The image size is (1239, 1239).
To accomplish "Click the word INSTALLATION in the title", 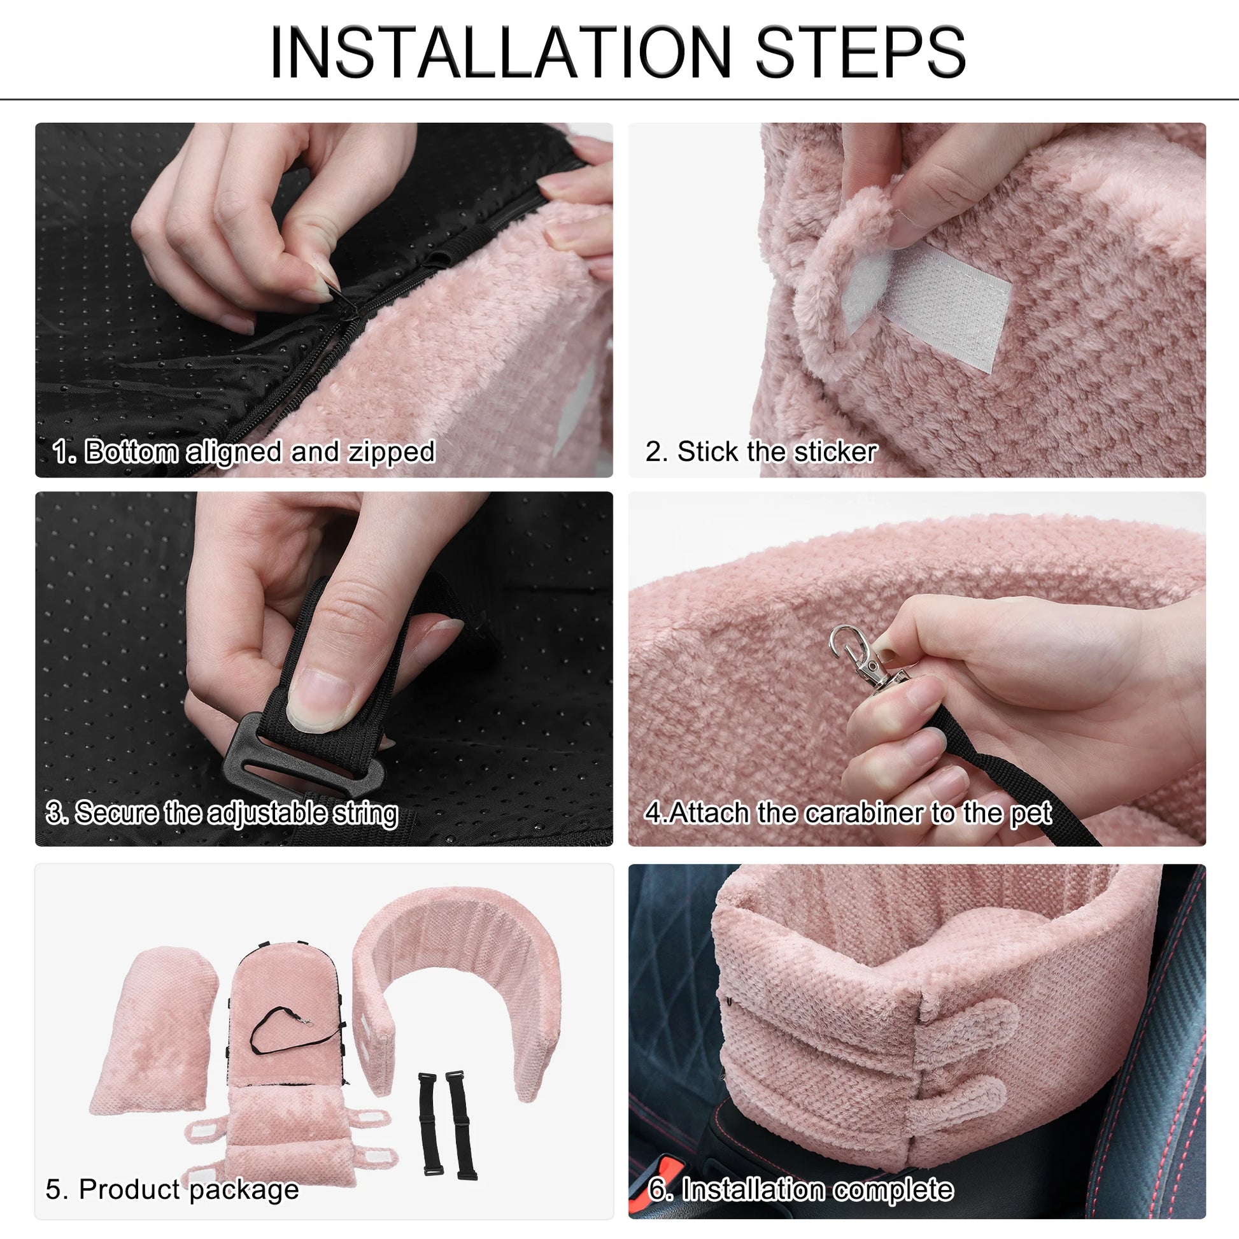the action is pos(500,53).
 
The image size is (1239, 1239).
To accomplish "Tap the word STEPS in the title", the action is pos(860,53).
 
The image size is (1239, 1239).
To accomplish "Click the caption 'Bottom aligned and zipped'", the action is pos(260,451).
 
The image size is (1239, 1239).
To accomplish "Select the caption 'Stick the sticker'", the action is pos(777,451).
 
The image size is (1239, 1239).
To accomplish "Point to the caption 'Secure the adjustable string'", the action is pos(237,813).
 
